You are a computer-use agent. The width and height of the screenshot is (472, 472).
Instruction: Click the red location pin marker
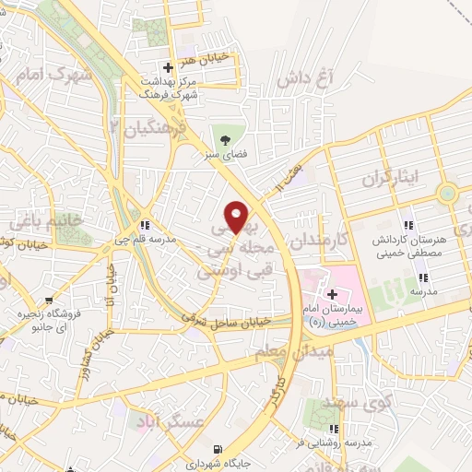pyautogui.click(x=238, y=216)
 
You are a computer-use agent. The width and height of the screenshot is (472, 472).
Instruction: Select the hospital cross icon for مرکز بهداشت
pyautogui.click(x=167, y=67)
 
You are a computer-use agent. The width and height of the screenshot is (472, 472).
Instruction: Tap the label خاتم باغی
pyautogui.click(x=32, y=221)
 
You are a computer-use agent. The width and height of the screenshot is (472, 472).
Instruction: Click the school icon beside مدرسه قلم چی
pyautogui.click(x=144, y=224)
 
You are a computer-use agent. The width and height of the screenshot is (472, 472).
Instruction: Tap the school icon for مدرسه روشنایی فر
pyautogui.click(x=336, y=429)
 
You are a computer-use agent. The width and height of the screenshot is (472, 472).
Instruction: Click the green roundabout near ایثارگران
pyautogui.click(x=448, y=193)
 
